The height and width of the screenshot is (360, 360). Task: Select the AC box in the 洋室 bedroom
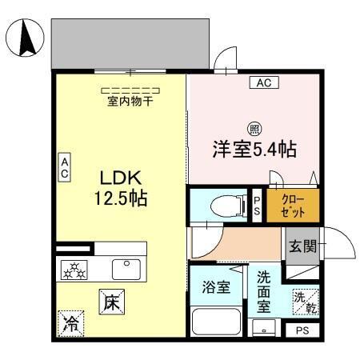(x=262, y=82)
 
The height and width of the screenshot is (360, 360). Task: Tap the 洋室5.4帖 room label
(x=249, y=149)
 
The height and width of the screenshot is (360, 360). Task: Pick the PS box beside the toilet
(x=258, y=205)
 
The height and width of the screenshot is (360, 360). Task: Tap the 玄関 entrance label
(x=301, y=244)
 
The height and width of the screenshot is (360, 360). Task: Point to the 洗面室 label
(x=262, y=292)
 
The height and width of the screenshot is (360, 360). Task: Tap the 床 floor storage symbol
(x=111, y=302)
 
